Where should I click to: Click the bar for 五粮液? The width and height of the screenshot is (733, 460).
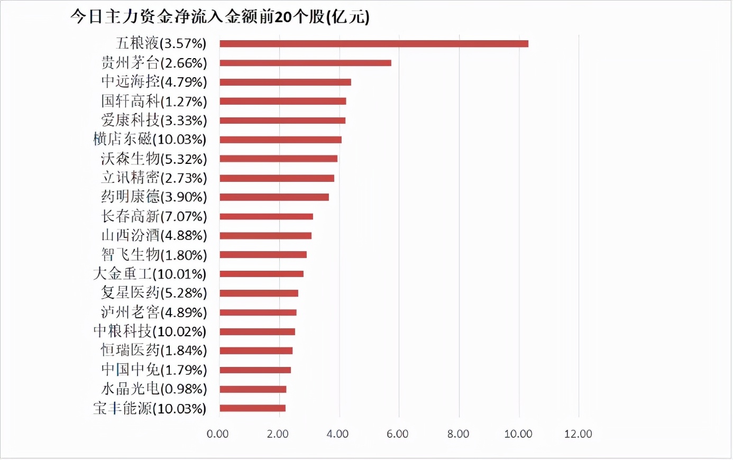373,43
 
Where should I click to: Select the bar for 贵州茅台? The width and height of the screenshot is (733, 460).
305,63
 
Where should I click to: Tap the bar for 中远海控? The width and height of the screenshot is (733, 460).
285,82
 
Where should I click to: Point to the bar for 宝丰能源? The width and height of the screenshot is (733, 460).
252,408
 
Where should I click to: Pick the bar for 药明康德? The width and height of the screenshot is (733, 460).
274,197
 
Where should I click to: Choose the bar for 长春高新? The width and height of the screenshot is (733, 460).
266,216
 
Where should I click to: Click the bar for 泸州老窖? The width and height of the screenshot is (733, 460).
258,312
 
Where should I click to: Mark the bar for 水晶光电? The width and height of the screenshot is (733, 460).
253,389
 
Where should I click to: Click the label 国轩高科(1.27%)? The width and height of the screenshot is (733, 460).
154,101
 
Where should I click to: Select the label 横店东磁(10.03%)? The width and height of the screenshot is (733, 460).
150,140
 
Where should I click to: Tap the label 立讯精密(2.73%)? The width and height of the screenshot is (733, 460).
154,178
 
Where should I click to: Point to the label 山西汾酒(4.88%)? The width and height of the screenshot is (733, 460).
154,235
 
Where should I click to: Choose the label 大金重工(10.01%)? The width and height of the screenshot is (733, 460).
150,274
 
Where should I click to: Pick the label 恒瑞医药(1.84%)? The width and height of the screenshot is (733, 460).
154,351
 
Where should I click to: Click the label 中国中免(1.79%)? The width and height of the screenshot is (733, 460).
154,370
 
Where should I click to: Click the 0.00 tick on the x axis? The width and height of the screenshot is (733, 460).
217,434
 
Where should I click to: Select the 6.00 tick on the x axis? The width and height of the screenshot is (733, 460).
398,434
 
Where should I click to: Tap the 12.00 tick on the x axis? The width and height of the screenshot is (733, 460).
578,434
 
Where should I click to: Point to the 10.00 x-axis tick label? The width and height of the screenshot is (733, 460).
518,434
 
